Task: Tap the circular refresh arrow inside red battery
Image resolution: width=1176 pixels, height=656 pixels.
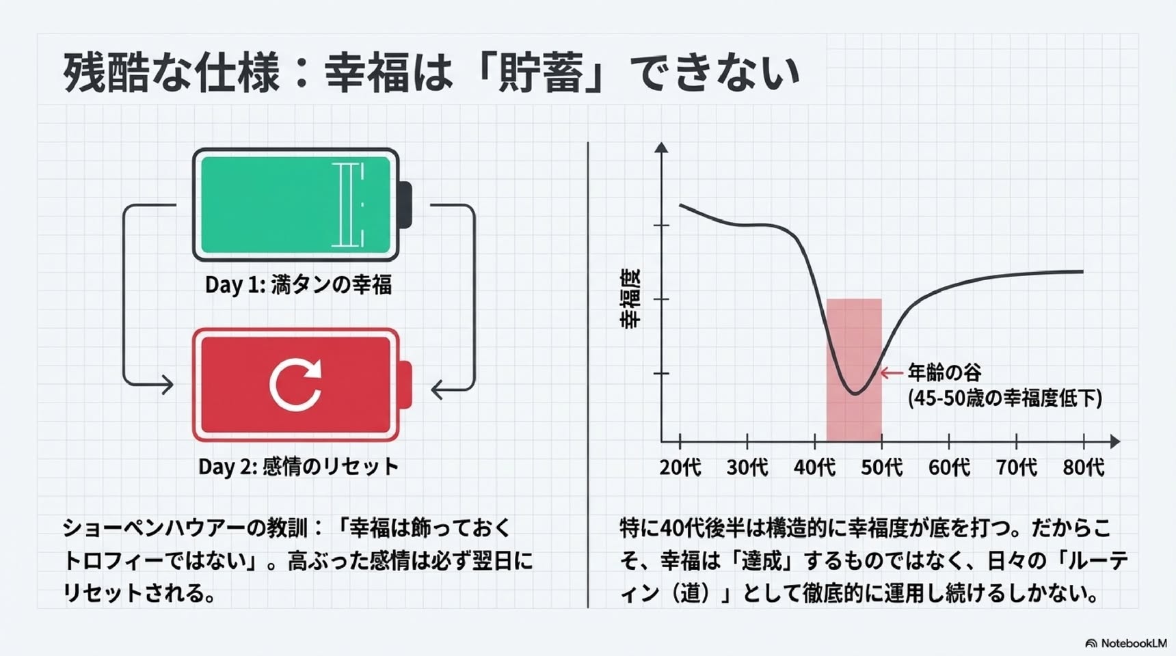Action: (295, 385)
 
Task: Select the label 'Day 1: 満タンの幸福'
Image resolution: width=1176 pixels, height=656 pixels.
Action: (298, 284)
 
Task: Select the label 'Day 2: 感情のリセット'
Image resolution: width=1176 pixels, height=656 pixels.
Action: (298, 467)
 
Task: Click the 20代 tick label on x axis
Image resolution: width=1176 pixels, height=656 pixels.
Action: (680, 467)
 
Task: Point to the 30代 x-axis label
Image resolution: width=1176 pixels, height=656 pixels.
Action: (747, 467)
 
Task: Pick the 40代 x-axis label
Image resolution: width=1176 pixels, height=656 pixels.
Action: (814, 467)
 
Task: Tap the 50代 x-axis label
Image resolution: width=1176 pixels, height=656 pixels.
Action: (881, 467)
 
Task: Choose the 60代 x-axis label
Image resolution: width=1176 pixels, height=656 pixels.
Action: (949, 467)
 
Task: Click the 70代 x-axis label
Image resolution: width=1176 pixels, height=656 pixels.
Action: (1016, 467)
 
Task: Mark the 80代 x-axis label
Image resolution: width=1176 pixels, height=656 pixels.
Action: (1084, 467)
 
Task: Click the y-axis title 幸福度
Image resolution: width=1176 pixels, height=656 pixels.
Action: (630, 299)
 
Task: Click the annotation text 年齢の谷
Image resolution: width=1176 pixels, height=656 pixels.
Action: (944, 372)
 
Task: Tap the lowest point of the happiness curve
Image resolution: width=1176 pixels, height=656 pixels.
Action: (855, 394)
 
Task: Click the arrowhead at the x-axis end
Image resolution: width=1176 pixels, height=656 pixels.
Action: (1115, 441)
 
